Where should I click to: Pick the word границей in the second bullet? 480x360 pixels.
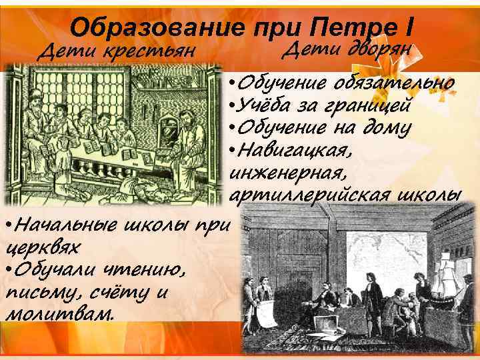(x=370, y=105)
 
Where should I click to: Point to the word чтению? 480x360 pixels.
(x=143, y=270)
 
